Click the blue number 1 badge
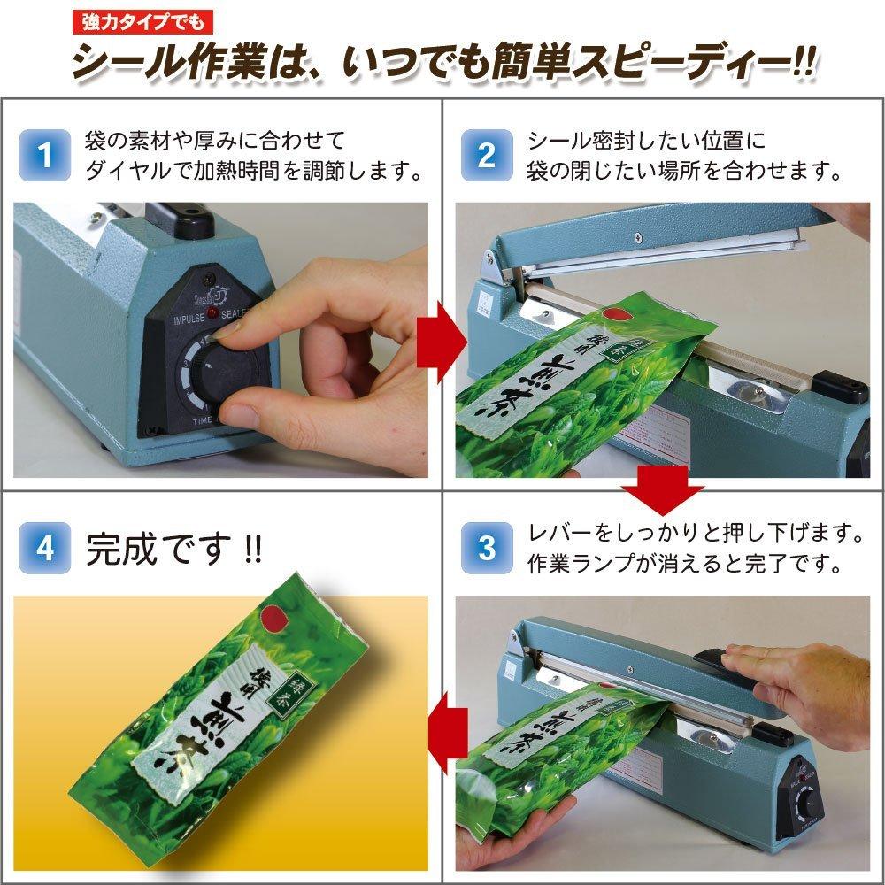click(x=46, y=155)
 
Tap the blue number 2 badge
click(x=487, y=155)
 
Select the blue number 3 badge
click(x=487, y=547)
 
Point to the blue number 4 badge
click(x=46, y=547)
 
